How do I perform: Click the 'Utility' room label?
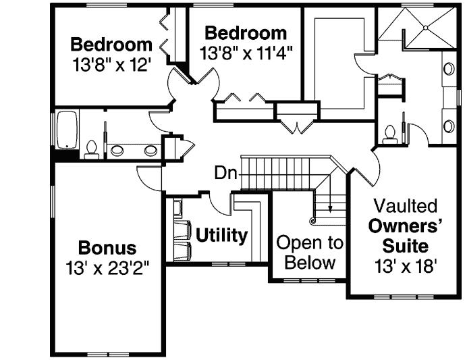coord(221,236)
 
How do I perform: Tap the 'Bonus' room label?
coord(107,247)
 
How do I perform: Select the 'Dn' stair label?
coord(225,173)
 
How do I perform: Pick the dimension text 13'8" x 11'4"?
coord(246,52)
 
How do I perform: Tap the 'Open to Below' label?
coord(310,253)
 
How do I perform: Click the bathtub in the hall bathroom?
coord(66,130)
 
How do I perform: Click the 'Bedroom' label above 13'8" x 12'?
coord(111,45)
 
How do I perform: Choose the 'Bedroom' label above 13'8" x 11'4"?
coord(246,32)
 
